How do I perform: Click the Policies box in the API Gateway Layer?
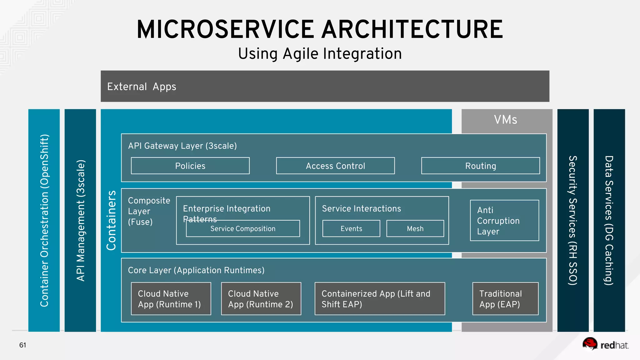190,166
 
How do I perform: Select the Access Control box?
335,166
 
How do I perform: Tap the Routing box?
480,166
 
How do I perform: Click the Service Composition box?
243,229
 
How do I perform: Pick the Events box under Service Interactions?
351,229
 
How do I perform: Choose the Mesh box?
415,229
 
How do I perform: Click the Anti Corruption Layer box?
504,221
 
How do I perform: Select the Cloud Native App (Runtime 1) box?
171,299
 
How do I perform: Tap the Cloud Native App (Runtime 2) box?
261,299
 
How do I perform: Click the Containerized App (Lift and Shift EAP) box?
380,299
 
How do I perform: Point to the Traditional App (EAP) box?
505,299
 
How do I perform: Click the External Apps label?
142,87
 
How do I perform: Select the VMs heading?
505,120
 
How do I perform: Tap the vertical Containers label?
111,220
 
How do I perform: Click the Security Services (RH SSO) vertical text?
572,220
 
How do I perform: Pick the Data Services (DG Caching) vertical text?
609,220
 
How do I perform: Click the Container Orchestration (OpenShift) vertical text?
44,220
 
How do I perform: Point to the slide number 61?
22,345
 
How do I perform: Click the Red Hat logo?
605,344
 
